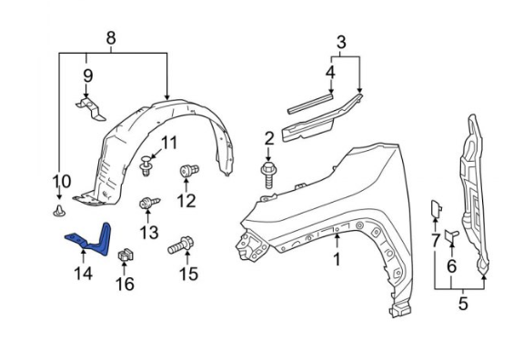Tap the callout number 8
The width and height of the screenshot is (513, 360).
(x=111, y=38)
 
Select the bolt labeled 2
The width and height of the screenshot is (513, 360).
(x=268, y=175)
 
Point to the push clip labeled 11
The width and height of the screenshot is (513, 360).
(x=146, y=166)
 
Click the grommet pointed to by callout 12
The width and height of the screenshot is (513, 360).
(x=189, y=171)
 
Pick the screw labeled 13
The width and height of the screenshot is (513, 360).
(x=149, y=204)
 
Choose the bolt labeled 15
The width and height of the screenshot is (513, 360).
(x=181, y=245)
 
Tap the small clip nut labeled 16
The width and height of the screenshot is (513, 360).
(x=126, y=255)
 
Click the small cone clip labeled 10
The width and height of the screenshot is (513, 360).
(x=59, y=211)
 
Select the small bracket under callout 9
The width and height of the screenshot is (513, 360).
(x=91, y=108)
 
